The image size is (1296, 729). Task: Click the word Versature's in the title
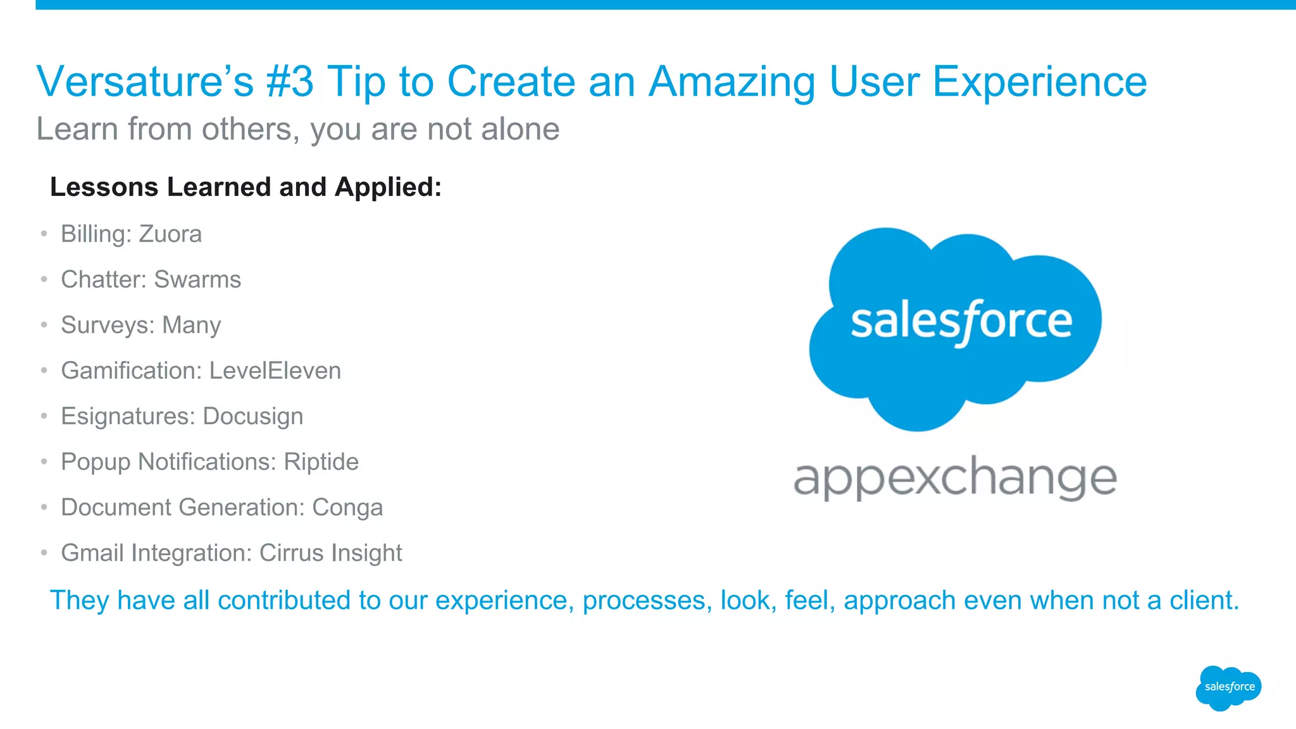(145, 82)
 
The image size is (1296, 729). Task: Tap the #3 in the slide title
(290, 82)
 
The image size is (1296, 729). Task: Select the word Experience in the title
(1039, 82)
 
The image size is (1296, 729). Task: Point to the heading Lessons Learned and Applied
(246, 187)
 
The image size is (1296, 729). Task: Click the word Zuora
(170, 234)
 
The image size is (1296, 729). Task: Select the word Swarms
(197, 279)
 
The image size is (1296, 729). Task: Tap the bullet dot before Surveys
(44, 325)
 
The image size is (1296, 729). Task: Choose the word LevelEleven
(275, 371)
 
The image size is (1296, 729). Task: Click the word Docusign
(252, 416)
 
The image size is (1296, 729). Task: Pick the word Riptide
(321, 462)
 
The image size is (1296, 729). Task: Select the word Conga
(347, 507)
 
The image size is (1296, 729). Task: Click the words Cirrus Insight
(330, 553)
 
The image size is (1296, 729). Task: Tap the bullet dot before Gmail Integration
(44, 553)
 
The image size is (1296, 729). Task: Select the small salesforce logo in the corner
(1229, 687)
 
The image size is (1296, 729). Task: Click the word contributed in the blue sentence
(283, 600)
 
